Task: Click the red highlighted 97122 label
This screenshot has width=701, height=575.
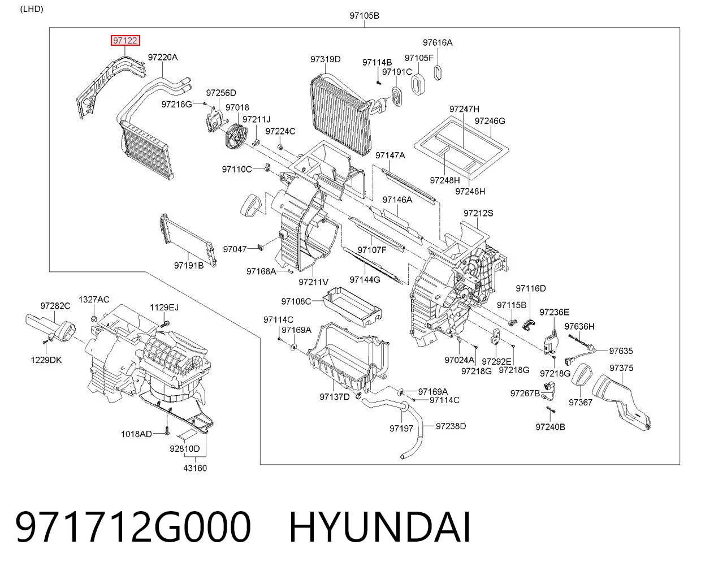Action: (126, 41)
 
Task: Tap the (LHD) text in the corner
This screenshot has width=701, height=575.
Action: (32, 9)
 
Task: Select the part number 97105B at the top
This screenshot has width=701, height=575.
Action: (364, 16)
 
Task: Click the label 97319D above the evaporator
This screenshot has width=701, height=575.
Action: (326, 59)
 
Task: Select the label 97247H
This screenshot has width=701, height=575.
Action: (464, 109)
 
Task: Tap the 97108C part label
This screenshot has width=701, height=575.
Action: (296, 301)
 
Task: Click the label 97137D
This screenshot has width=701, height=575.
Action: (335, 397)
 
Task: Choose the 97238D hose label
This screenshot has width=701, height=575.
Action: (451, 426)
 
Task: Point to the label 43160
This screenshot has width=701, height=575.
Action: (195, 468)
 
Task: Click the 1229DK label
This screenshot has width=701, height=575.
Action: (46, 360)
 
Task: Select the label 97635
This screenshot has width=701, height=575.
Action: (621, 351)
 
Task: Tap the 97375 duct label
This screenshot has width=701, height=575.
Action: (621, 368)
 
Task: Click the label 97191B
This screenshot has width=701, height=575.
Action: (189, 266)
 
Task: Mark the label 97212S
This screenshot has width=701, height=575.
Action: (478, 213)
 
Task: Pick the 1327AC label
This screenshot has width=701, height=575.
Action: (94, 300)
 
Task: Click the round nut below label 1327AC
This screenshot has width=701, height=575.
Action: (94, 319)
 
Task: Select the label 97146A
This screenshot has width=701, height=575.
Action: (397, 200)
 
